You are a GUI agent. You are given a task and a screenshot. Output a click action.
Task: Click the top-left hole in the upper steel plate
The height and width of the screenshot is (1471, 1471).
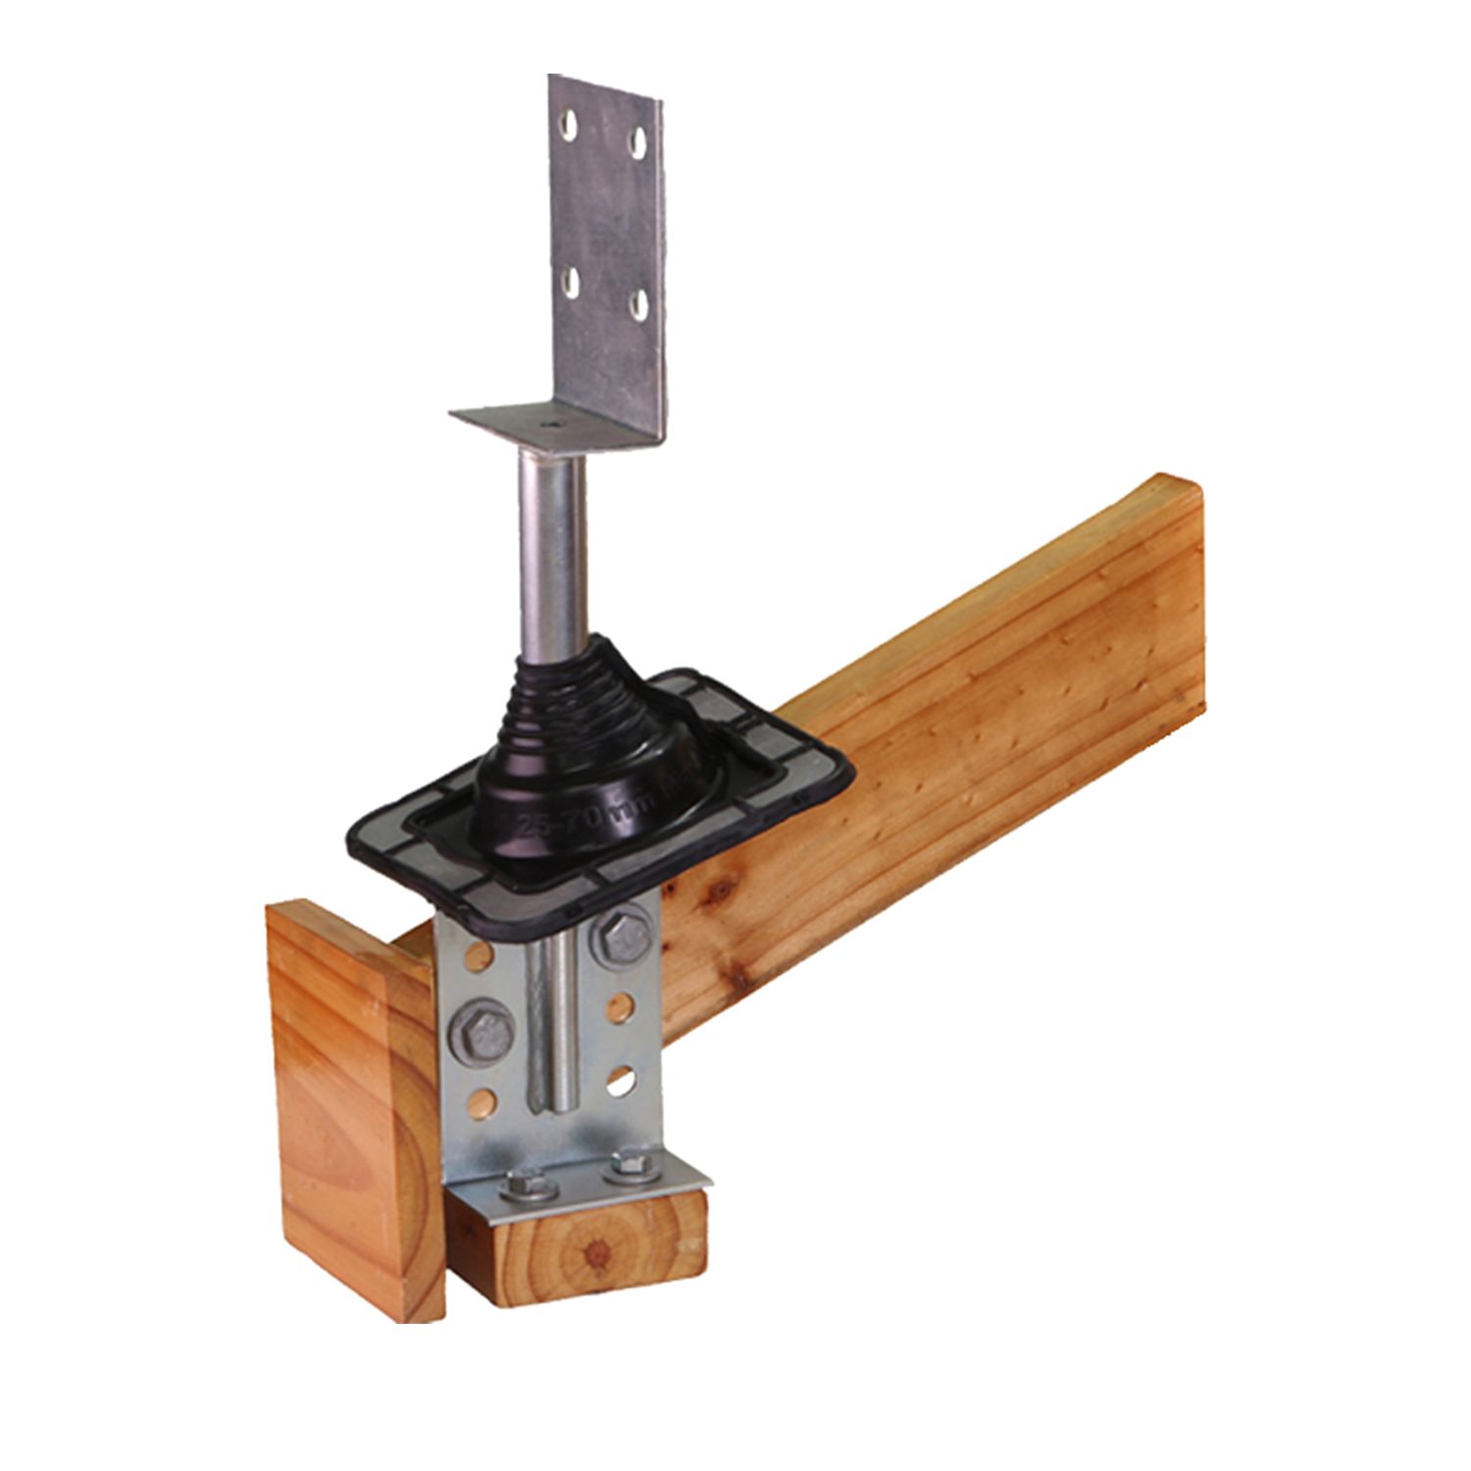coord(569,123)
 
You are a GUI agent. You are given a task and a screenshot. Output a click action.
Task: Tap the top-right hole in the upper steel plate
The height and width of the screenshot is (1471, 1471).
coord(638,143)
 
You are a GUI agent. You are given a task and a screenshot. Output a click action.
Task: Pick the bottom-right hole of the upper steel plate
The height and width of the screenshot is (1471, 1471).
coord(639,305)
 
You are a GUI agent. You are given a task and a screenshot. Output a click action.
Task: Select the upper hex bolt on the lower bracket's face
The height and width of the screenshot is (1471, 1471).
coord(622,936)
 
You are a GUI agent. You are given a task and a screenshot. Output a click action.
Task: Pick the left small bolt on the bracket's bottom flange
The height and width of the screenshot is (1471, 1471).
coord(528,1187)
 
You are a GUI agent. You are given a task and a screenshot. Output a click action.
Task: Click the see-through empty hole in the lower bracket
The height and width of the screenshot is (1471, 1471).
coord(620,1081)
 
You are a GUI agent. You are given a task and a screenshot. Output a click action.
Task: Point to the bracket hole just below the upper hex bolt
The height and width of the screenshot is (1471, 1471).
coord(620,1008)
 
